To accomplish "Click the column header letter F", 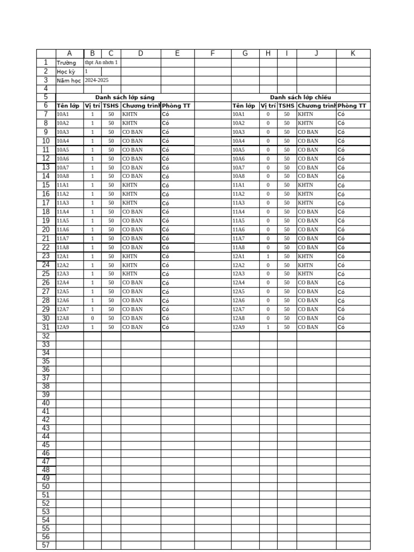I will (x=212, y=53).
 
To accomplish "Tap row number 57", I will (x=46, y=545).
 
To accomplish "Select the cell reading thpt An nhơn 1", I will (x=101, y=63).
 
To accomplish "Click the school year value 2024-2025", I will (x=96, y=80).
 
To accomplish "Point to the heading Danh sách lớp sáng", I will (x=125, y=98).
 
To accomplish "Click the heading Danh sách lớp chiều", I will (x=300, y=98).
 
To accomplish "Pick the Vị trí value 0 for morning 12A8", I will (x=92, y=319).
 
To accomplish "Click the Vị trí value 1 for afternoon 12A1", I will (x=268, y=257).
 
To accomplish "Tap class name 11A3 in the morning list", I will (x=63, y=203).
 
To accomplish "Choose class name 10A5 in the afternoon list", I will (x=238, y=150).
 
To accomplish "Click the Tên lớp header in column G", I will (x=244, y=106).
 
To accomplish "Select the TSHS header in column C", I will (x=111, y=106).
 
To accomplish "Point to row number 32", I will (x=46, y=336).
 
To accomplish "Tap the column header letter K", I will (x=353, y=53).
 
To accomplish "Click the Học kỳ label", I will (x=66, y=72).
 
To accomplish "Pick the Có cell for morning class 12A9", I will (x=165, y=328).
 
